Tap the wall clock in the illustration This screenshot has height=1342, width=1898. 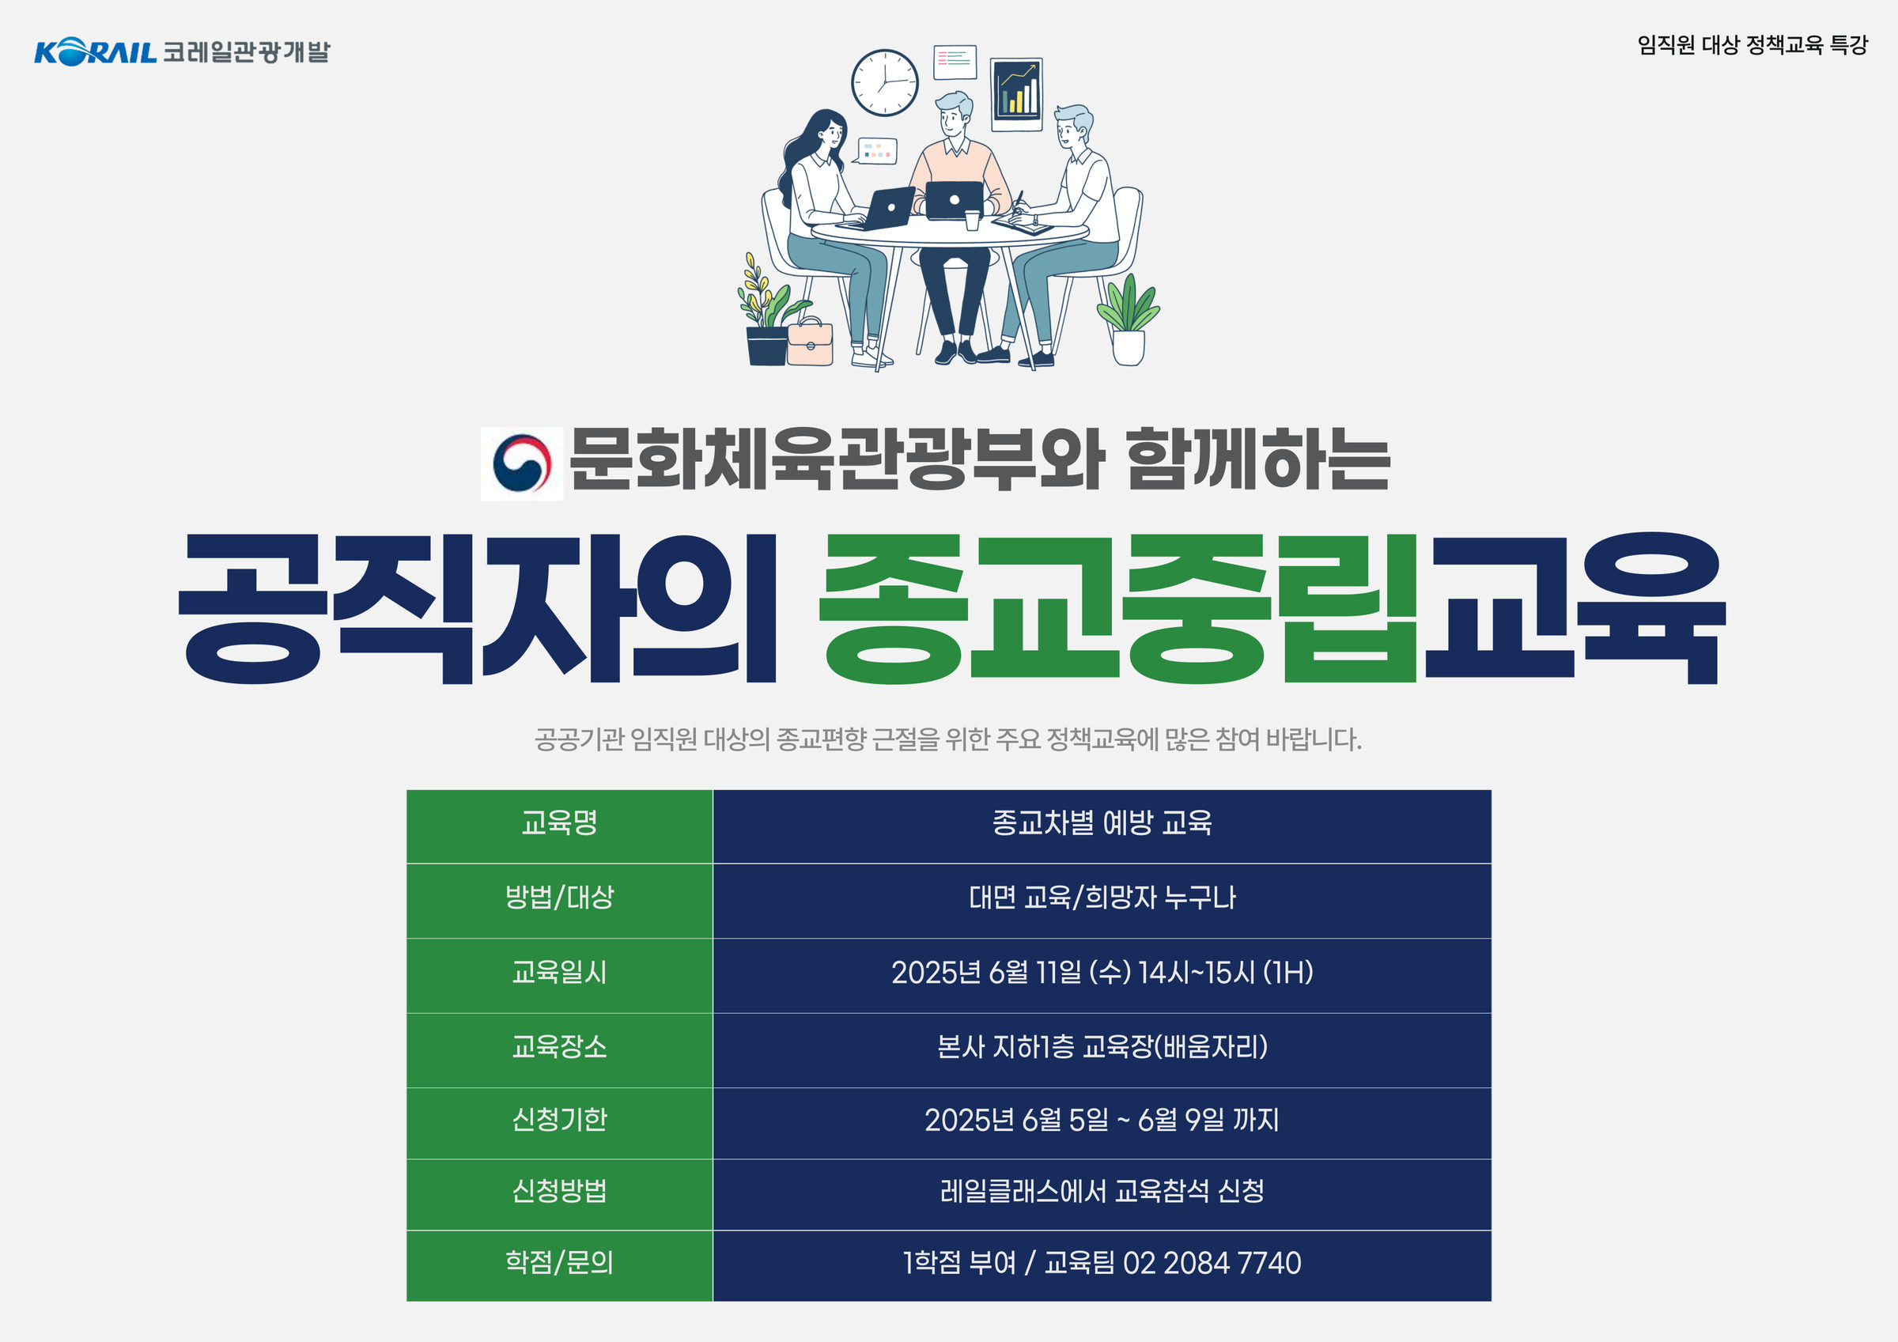point(884,83)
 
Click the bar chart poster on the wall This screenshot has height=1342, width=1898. point(1016,95)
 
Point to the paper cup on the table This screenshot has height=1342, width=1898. point(972,219)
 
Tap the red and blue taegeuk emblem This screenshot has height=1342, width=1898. point(522,463)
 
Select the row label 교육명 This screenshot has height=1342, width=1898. point(559,822)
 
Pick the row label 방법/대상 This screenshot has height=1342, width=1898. point(559,897)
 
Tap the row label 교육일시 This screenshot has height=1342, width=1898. point(559,972)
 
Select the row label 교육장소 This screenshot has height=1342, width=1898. point(559,1047)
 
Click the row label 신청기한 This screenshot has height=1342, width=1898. point(559,1120)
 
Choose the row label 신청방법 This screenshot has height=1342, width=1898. point(559,1191)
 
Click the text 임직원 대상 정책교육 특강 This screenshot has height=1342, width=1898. point(1752,44)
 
